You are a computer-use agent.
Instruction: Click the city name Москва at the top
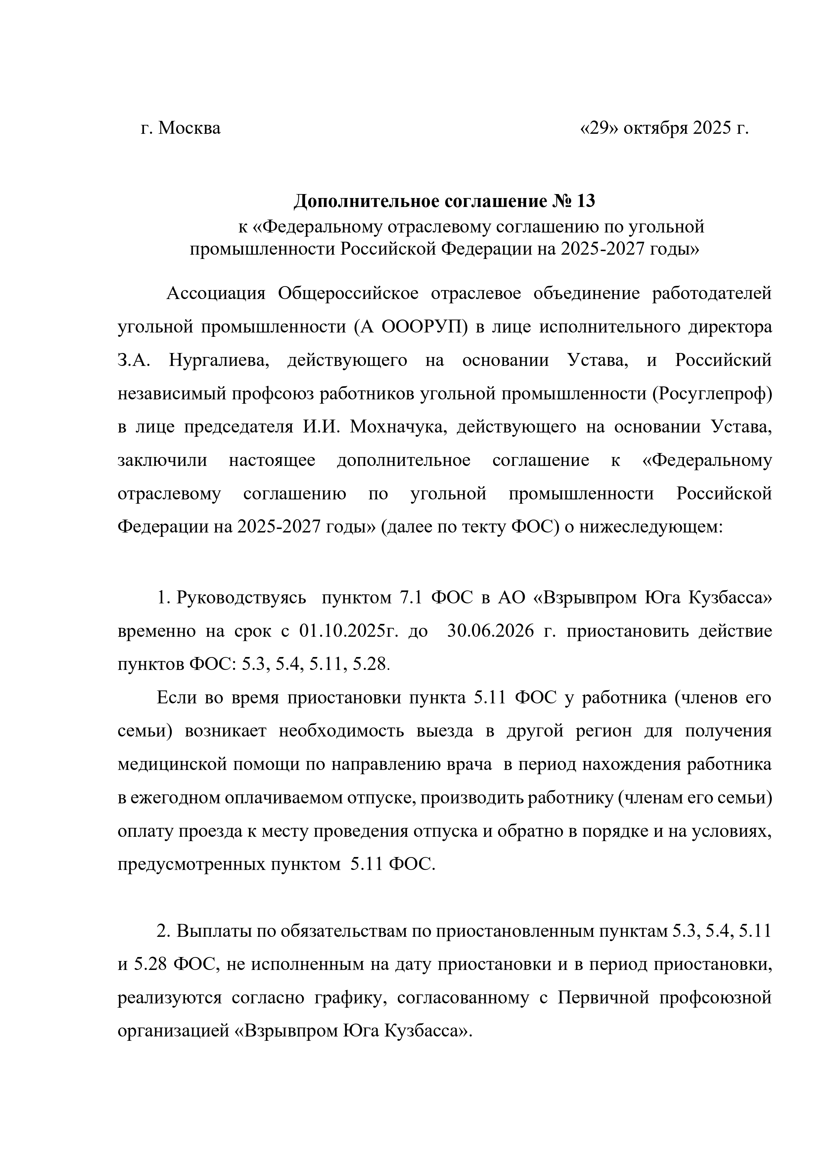point(189,128)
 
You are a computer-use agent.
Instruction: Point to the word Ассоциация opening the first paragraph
point(216,294)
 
